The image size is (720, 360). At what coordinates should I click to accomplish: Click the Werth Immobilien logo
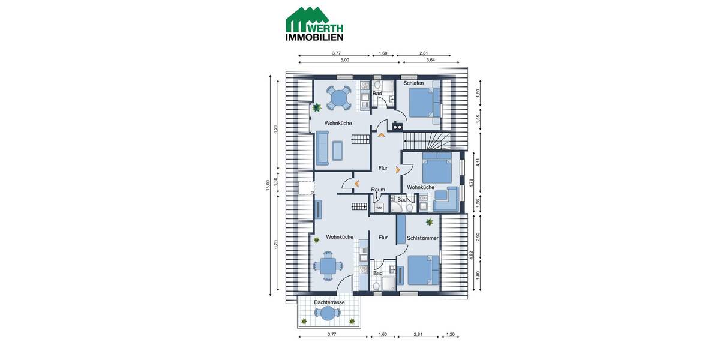314,24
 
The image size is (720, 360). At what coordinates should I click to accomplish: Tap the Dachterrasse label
329,302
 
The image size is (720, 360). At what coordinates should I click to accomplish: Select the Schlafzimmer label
422,238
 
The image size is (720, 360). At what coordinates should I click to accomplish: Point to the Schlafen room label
413,83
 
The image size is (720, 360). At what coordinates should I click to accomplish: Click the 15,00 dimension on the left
268,185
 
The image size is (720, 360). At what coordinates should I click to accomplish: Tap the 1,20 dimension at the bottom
451,334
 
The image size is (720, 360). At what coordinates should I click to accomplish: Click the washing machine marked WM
379,208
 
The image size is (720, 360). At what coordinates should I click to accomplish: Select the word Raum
378,190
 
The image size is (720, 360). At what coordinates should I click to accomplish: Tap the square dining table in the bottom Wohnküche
328,266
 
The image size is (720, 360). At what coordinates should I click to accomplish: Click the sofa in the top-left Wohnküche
322,148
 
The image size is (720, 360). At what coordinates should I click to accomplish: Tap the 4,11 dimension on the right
478,161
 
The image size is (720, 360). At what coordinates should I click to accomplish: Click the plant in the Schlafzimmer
430,223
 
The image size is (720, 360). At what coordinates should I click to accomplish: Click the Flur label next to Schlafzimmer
383,238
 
